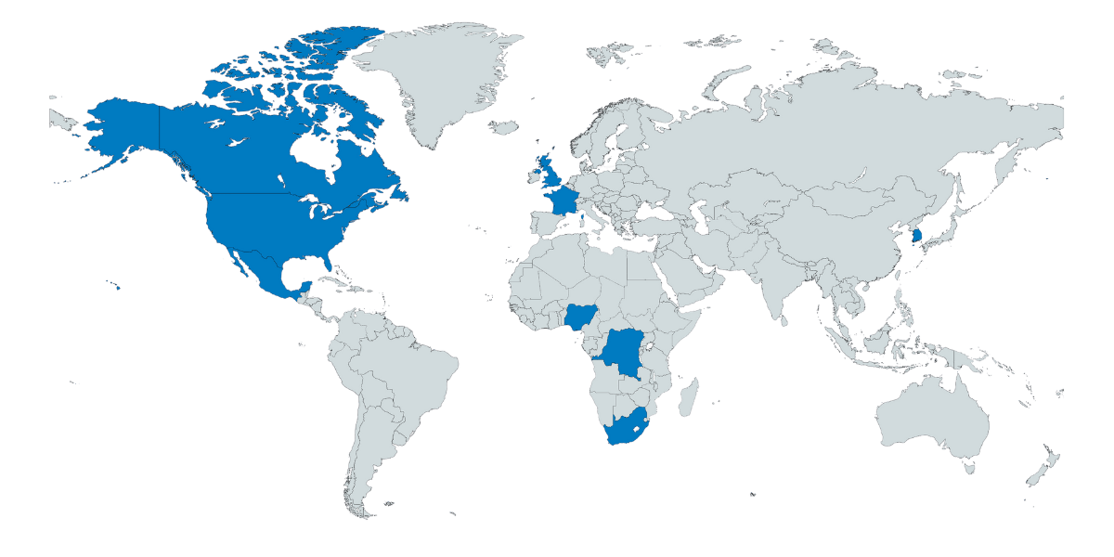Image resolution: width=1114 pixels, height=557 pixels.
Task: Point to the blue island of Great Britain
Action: tap(550, 173)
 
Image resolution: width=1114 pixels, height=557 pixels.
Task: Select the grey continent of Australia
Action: tap(933, 418)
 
